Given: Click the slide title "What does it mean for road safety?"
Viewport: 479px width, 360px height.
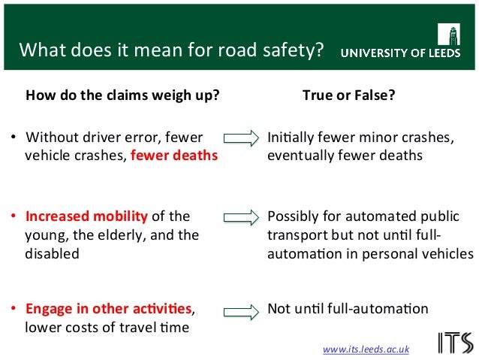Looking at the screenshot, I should (x=171, y=52).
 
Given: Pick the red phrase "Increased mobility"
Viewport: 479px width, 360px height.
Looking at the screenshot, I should (x=87, y=216).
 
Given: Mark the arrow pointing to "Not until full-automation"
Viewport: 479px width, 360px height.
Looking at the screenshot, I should (x=241, y=309).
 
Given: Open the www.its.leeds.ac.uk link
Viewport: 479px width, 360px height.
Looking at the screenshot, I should (x=366, y=349).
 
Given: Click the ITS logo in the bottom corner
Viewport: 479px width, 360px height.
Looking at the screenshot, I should (x=455, y=342).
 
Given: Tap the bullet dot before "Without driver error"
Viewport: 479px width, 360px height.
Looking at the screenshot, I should (x=14, y=138).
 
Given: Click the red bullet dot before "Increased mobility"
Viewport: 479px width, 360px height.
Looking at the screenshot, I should (x=14, y=216).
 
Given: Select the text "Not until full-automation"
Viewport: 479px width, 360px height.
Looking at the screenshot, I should (x=348, y=308).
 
